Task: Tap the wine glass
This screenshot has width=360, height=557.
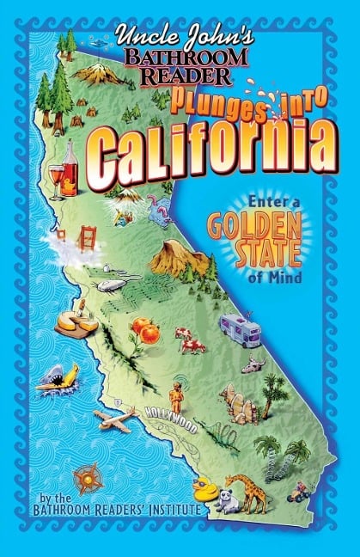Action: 57,179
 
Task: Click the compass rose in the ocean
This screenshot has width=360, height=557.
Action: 87,479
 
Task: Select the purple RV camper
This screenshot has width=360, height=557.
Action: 241,327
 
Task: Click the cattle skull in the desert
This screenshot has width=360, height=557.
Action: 252,364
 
